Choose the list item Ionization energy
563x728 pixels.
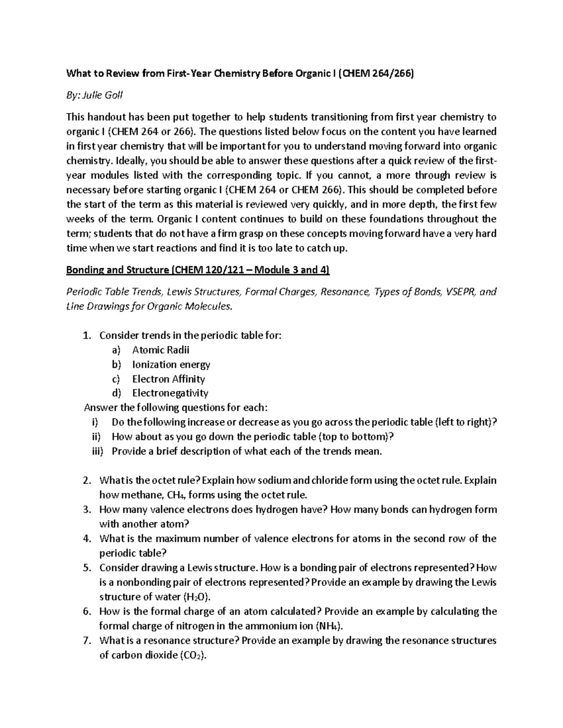pos(171,364)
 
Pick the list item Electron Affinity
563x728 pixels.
pos(168,379)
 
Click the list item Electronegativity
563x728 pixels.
pos(170,393)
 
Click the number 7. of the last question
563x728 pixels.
pos(86,640)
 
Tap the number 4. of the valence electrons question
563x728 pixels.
pos(86,539)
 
